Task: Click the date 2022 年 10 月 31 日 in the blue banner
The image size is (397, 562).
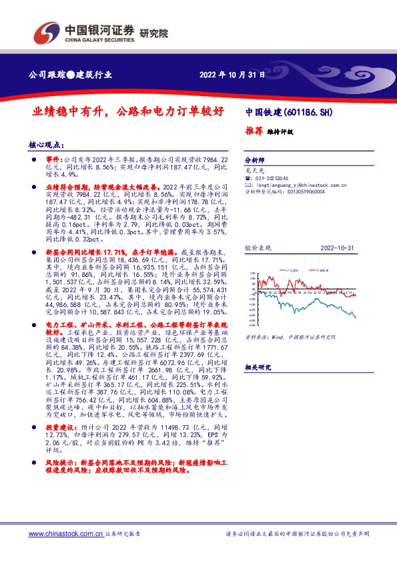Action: pyautogui.click(x=232, y=74)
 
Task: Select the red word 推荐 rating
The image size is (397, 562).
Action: pyautogui.click(x=254, y=131)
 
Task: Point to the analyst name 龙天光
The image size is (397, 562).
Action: pyautogui.click(x=255, y=171)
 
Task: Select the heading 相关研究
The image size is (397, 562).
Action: pyautogui.click(x=257, y=368)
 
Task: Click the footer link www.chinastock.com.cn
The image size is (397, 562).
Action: pyautogui.click(x=65, y=534)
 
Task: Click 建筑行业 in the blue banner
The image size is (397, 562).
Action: pyautogui.click(x=94, y=74)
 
